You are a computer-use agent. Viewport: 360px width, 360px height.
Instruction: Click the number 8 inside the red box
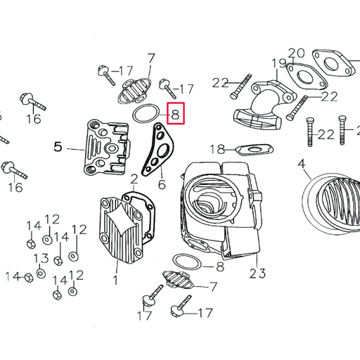coord(176,113)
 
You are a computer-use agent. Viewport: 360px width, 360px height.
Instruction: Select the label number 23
coord(257,273)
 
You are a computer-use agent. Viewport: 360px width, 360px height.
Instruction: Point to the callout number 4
coord(302,166)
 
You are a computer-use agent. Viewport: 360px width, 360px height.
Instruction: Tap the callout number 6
coord(161,185)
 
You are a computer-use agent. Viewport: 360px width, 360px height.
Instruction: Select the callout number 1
coord(115,280)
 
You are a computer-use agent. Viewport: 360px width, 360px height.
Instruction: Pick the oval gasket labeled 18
coord(252,149)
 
